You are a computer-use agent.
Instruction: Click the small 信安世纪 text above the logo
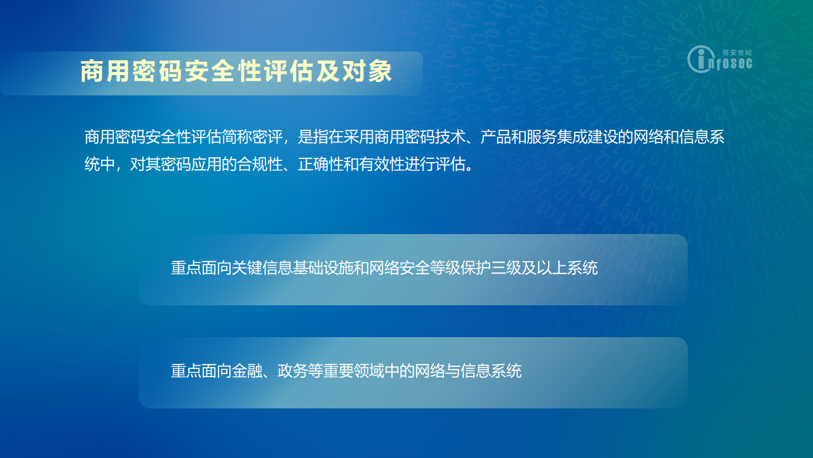737,52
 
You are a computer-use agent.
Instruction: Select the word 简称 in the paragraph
237,137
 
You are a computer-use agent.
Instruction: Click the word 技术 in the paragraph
450,137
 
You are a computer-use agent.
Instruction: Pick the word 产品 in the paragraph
496,137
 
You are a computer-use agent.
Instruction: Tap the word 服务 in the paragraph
542,137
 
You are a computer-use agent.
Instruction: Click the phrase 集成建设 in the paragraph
588,137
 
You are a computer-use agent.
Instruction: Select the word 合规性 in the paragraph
260,165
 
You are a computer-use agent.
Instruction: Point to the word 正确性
321,165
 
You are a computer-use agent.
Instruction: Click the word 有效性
382,165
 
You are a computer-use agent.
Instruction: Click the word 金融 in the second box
247,371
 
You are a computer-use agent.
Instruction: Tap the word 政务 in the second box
293,371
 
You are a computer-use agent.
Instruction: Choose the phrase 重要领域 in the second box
354,371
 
